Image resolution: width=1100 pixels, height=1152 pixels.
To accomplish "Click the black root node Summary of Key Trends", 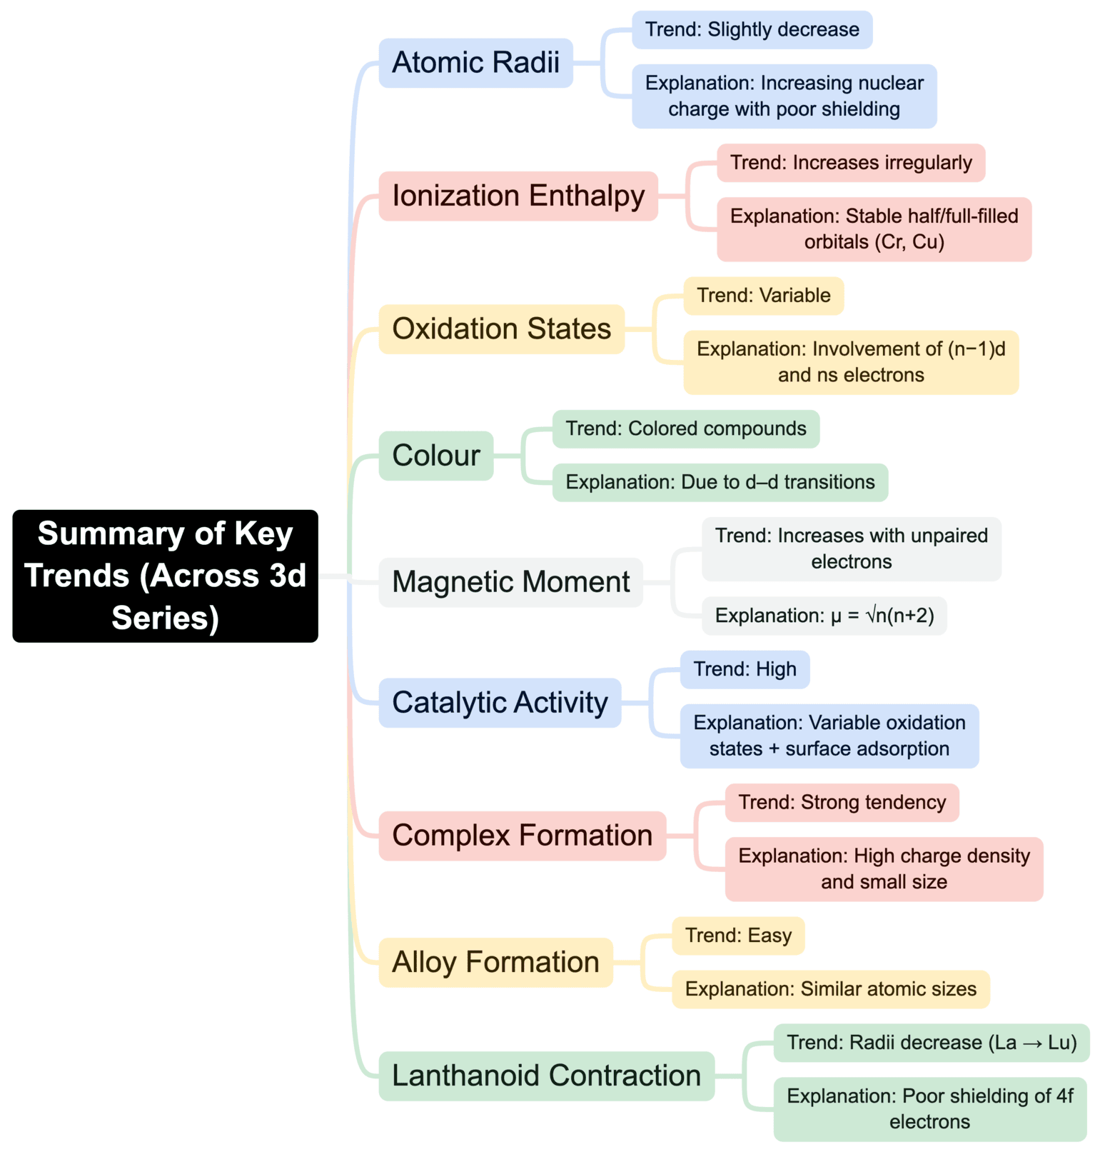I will [x=165, y=576].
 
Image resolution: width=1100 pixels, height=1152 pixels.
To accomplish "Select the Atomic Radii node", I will [x=475, y=63].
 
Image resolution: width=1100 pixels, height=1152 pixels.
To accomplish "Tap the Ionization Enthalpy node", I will [x=518, y=196].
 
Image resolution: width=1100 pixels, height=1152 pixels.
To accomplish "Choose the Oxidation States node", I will [x=501, y=329].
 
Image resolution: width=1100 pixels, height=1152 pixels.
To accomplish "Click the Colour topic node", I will [x=435, y=456].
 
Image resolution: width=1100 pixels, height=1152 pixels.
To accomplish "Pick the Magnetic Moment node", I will [x=510, y=582].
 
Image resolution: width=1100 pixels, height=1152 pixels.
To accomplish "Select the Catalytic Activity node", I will [x=500, y=703].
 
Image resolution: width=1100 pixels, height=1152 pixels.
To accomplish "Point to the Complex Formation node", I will [x=522, y=836].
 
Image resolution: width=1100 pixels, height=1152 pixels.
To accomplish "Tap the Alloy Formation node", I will [x=495, y=962].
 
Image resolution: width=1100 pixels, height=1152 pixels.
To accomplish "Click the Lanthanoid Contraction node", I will [x=546, y=1076].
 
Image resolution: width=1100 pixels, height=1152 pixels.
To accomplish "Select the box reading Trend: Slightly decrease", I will [x=752, y=30].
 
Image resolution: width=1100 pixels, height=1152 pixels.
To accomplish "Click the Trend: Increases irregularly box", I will [x=851, y=163].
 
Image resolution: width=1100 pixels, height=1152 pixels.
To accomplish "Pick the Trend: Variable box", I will [x=763, y=296].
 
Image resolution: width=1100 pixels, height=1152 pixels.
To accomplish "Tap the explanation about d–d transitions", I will [x=720, y=482].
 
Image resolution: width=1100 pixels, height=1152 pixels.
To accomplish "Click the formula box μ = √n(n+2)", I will [x=824, y=616].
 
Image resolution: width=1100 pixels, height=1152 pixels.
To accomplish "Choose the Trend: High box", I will [x=745, y=669].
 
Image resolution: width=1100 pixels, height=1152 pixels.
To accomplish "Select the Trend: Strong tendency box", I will [x=842, y=803].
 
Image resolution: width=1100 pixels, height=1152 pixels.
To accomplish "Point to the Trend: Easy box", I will [x=738, y=936].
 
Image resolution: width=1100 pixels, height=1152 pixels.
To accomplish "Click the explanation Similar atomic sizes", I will [x=830, y=989].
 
